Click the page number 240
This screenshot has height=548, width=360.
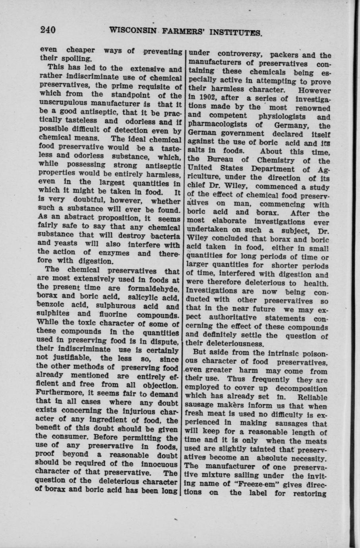pos(47,30)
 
